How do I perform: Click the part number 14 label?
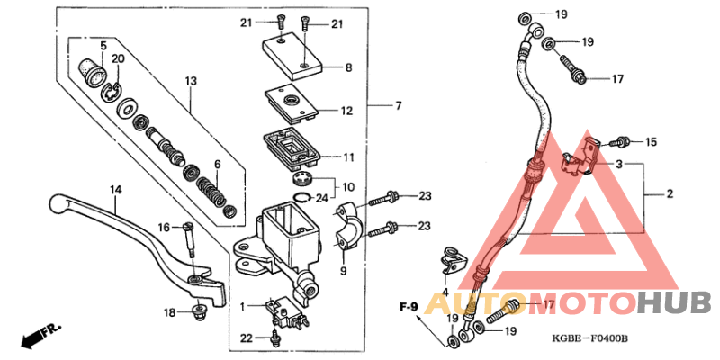click(x=115, y=190)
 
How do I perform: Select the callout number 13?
click(x=191, y=82)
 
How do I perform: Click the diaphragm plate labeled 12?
click(x=291, y=101)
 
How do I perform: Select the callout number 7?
click(x=398, y=107)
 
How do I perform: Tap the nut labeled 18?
click(x=198, y=311)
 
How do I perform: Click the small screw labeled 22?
click(x=274, y=337)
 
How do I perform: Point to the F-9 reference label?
click(x=409, y=309)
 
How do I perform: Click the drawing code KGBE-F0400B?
click(x=590, y=338)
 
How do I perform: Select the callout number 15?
click(x=652, y=142)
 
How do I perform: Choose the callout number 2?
click(x=670, y=193)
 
